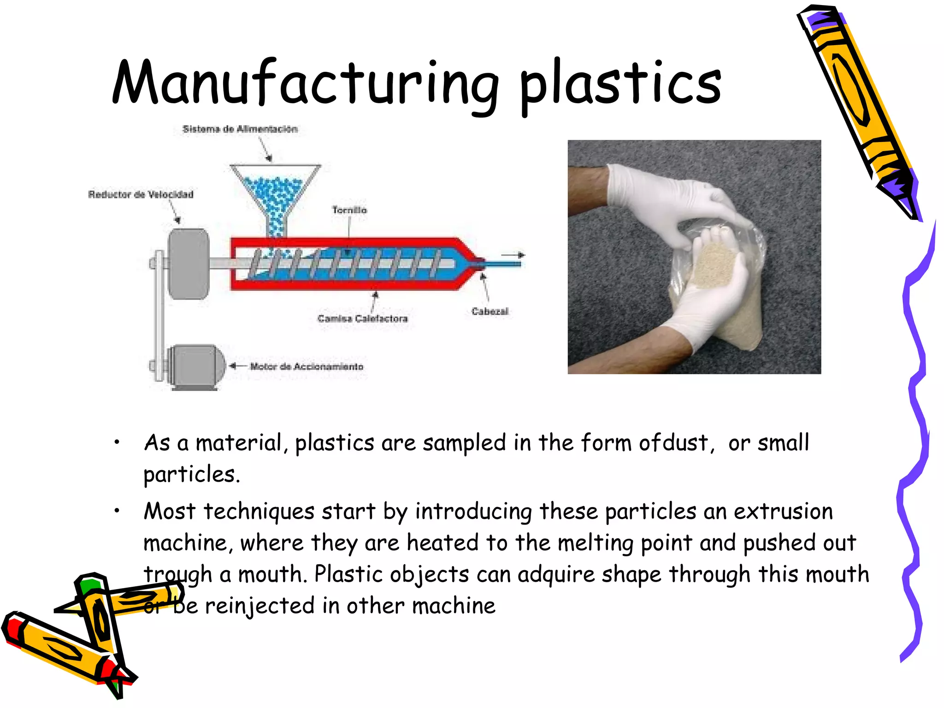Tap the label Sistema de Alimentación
click(240, 129)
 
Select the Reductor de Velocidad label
click(141, 195)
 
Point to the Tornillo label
click(349, 210)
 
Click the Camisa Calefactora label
click(362, 319)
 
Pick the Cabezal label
click(490, 312)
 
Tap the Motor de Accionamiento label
click(307, 366)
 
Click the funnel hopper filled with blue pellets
click(275, 194)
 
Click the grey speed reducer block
click(189, 264)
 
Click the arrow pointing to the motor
click(237, 366)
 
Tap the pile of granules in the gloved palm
click(712, 265)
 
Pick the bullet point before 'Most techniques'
click(117, 510)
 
